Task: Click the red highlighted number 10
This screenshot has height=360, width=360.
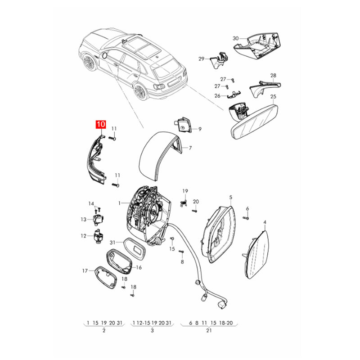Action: pyautogui.click(x=101, y=125)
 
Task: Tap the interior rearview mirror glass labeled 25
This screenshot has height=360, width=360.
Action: pyautogui.click(x=254, y=122)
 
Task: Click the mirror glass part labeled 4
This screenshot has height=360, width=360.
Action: pyautogui.click(x=256, y=254)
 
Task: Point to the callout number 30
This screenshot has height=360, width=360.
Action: pyautogui.click(x=235, y=38)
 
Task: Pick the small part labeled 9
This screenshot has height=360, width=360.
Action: pyautogui.click(x=183, y=125)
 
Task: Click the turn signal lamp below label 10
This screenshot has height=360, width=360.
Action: pyautogui.click(x=96, y=159)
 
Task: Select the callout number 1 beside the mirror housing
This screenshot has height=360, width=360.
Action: pyautogui.click(x=119, y=203)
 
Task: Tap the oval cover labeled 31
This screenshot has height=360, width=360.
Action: pyautogui.click(x=135, y=249)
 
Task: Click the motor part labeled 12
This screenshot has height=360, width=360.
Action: pyautogui.click(x=98, y=235)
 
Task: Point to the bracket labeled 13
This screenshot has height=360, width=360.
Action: pyautogui.click(x=98, y=220)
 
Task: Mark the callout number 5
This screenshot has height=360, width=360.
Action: pyautogui.click(x=230, y=197)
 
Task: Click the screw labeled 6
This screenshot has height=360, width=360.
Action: pyautogui.click(x=245, y=218)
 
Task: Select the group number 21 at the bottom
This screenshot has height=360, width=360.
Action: pyautogui.click(x=208, y=331)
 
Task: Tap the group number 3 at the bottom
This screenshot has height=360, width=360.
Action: pyautogui.click(x=152, y=331)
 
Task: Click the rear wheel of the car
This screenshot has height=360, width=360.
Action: pyautogui.click(x=140, y=92)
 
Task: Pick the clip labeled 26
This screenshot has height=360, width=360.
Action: pyautogui.click(x=234, y=94)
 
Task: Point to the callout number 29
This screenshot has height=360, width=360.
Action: pyautogui.click(x=201, y=59)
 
